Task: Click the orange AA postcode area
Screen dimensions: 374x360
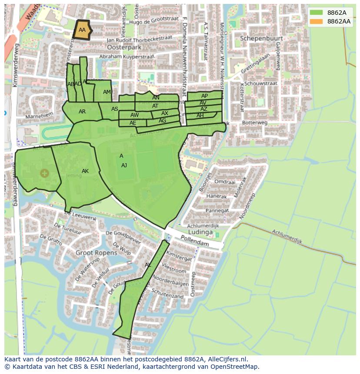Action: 82,30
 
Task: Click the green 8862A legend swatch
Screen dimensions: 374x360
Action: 317,13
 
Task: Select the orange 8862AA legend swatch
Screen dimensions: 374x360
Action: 317,21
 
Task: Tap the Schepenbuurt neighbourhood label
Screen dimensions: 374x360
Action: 261,38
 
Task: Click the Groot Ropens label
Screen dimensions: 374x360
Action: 96,252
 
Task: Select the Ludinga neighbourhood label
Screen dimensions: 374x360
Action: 200,232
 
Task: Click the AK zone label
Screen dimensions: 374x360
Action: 85,171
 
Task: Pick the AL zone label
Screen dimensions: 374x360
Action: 148,265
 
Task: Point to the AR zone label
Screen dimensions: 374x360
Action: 82,112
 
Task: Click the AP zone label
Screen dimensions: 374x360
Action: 204,96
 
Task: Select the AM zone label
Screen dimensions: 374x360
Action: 107,92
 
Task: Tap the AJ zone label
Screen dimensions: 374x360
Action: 124,165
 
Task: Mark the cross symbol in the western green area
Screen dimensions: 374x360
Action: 44,174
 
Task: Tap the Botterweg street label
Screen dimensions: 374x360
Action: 255,123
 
